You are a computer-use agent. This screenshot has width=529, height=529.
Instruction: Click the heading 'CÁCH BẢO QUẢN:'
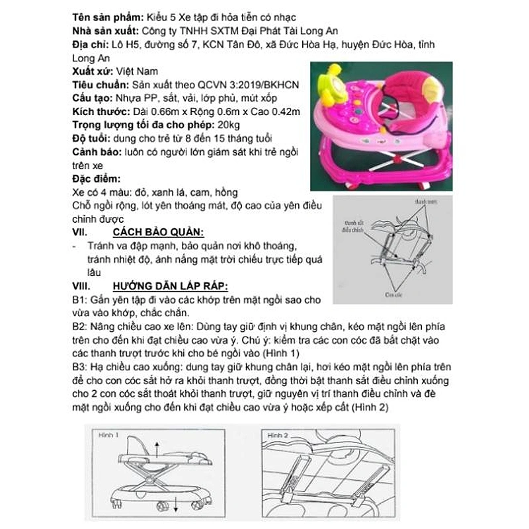(x=158, y=233)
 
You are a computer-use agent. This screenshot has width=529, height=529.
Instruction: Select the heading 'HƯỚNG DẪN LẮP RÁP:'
(x=170, y=286)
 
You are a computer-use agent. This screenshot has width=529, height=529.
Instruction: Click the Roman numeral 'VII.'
(x=80, y=233)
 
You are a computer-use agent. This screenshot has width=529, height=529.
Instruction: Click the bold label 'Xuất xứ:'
(x=91, y=71)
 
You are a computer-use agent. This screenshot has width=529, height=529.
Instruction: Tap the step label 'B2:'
(x=79, y=327)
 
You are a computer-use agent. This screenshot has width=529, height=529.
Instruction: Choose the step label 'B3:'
(x=79, y=368)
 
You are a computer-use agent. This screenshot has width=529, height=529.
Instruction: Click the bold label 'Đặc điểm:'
(x=95, y=179)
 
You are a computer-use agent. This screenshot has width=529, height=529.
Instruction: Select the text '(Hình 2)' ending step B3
(x=369, y=409)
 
